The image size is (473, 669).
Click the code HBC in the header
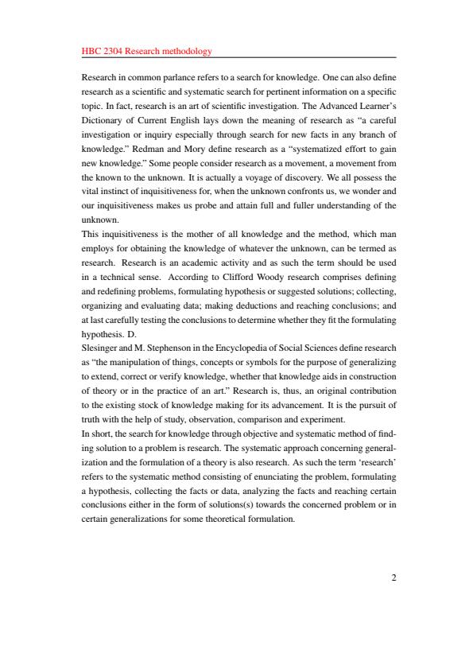(91, 52)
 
